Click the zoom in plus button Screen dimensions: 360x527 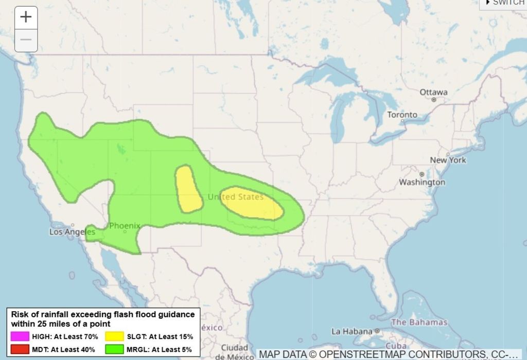pos(26,17)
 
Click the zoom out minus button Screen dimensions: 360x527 pos(26,40)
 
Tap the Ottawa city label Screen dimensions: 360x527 pos(433,92)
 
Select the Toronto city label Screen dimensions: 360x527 pos(402,115)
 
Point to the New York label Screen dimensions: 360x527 pos(448,160)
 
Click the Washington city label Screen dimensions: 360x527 pos(422,182)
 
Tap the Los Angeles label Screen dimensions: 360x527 pos(72,232)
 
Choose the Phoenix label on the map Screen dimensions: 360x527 pos(125,225)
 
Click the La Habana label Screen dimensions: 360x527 pos(352,331)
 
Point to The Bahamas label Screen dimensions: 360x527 pos(419,322)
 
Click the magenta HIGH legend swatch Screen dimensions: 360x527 pos(19,337)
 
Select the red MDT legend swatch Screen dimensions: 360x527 pos(19,350)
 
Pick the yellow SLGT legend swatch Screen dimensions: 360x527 pos(114,337)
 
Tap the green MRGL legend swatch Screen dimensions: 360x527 pos(114,350)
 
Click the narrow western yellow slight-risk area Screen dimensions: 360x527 pos(188,189)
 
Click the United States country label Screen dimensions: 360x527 pos(236,197)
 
